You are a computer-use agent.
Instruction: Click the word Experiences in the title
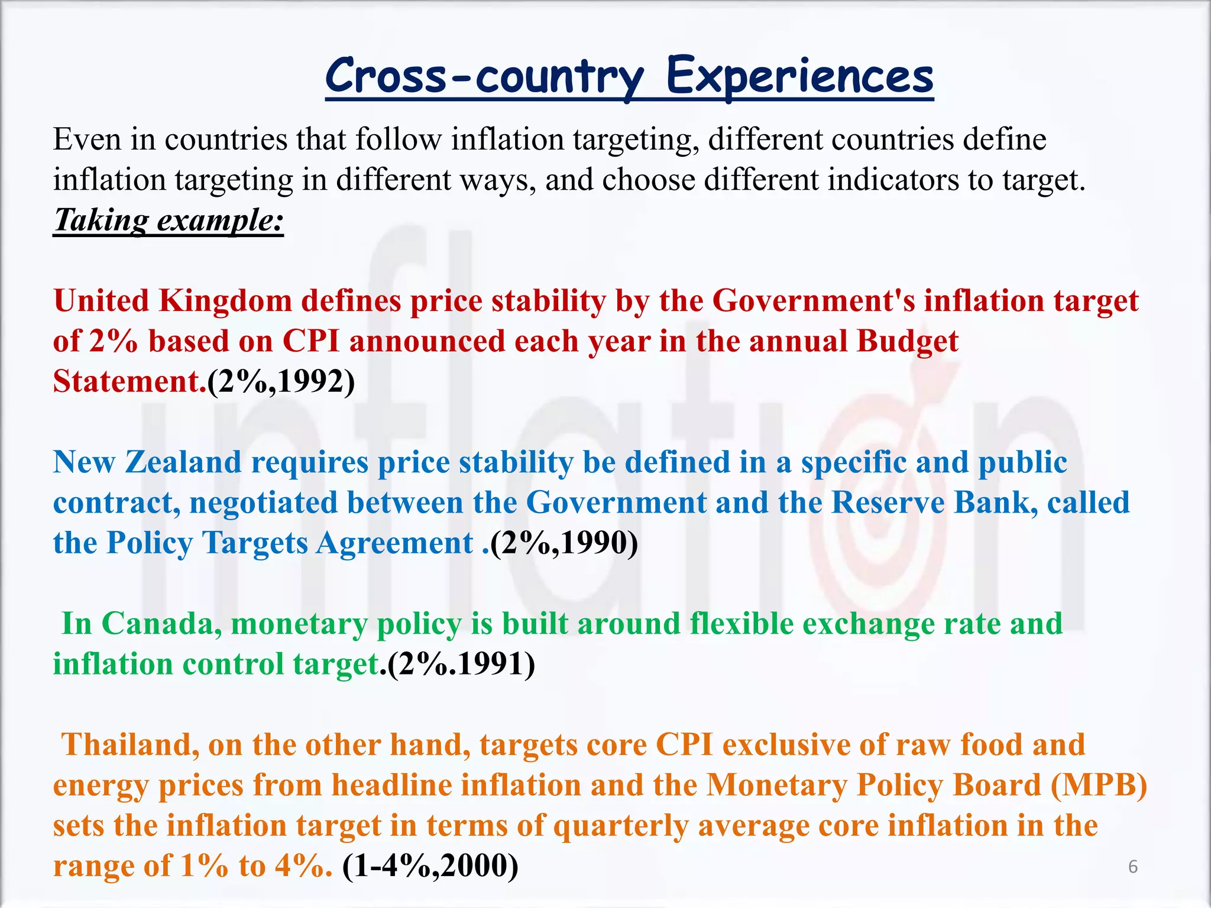(x=799, y=77)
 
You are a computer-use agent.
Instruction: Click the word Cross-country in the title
(x=484, y=77)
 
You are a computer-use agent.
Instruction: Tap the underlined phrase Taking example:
(x=169, y=220)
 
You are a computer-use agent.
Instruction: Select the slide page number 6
(x=1132, y=867)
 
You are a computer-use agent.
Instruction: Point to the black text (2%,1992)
(x=281, y=381)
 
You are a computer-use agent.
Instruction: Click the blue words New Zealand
(x=147, y=462)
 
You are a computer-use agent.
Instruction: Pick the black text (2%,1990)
(x=564, y=543)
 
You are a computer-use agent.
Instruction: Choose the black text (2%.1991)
(x=461, y=664)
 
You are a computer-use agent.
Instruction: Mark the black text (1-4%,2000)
(x=430, y=866)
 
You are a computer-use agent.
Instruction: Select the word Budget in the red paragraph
(x=907, y=341)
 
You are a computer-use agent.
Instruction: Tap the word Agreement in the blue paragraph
(x=394, y=543)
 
